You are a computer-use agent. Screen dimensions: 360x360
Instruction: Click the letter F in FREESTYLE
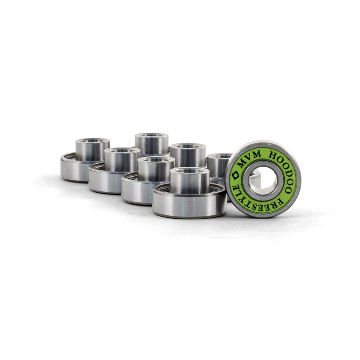click(x=280, y=202)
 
